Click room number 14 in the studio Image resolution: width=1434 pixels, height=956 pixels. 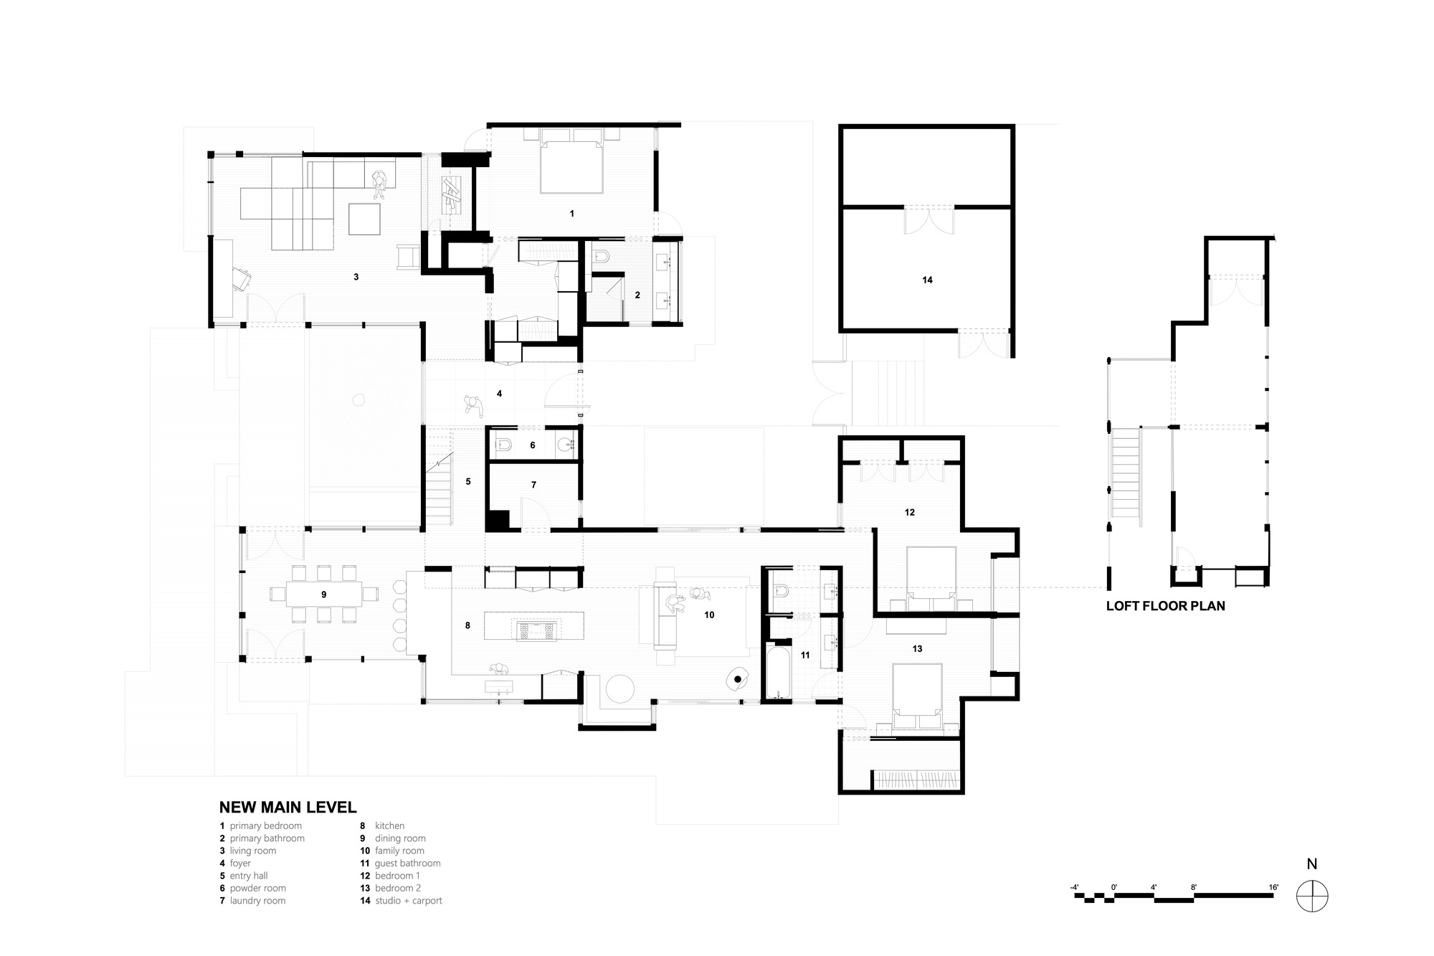[x=927, y=280]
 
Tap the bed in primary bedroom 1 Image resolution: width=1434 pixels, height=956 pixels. [x=571, y=166]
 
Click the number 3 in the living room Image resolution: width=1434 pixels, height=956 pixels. [x=356, y=277]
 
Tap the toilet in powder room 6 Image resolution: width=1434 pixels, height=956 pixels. [x=504, y=445]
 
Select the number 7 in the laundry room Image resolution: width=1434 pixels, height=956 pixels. [x=533, y=486]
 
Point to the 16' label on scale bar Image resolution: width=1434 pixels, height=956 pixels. [x=1273, y=888]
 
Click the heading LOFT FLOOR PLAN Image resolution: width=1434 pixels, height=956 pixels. [x=1165, y=606]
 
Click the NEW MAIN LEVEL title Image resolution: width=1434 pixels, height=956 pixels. [x=288, y=808]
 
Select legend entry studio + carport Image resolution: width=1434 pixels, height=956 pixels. [x=408, y=901]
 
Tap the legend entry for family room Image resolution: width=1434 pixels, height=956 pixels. [x=399, y=851]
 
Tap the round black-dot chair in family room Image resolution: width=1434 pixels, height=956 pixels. [x=737, y=678]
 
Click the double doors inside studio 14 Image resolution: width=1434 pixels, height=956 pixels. [x=929, y=219]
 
